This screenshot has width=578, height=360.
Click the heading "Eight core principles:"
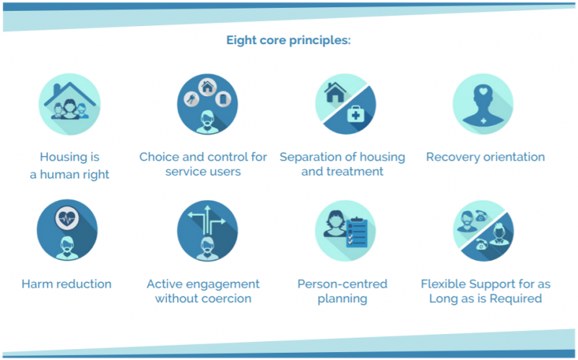(288, 40)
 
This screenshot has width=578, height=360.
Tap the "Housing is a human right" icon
(69, 104)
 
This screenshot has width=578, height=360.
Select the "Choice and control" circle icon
(207, 104)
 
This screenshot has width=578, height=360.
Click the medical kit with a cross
(355, 114)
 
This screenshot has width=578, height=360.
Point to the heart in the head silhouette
(483, 91)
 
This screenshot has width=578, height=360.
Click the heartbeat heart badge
(66, 218)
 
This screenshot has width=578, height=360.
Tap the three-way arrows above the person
(207, 220)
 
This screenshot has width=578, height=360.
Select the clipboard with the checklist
(357, 232)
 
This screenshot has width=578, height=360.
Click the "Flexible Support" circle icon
(483, 231)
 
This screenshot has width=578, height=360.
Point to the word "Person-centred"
(342, 284)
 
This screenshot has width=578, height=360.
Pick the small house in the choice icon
(207, 87)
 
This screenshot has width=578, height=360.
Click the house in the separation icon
(335, 93)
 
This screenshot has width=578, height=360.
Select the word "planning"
(342, 299)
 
